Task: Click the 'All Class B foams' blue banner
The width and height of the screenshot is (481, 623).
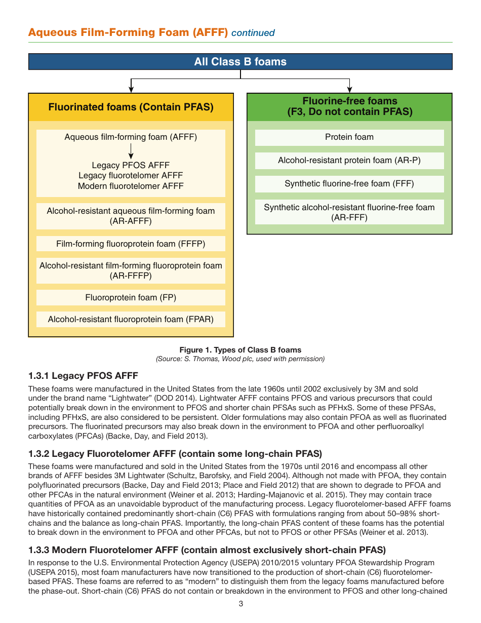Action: [240, 62]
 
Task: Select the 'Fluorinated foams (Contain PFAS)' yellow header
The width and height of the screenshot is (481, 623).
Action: [131, 107]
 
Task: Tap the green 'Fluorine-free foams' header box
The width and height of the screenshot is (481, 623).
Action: [349, 107]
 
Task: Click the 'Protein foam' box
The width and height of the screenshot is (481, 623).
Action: [349, 137]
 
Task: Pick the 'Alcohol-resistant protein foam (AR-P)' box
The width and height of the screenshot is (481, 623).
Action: [349, 161]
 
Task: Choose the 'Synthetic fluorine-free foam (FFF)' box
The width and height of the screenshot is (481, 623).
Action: [349, 184]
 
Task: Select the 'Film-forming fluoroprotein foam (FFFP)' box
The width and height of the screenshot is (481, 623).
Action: [131, 244]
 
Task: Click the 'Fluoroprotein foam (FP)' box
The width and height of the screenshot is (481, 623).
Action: [131, 297]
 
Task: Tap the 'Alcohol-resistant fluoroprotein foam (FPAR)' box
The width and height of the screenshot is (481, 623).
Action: [131, 319]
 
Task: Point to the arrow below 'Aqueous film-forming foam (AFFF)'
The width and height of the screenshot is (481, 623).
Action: [131, 151]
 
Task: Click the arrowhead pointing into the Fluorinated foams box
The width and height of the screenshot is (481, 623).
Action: [131, 90]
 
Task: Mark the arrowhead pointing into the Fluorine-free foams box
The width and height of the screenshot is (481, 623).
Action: [349, 90]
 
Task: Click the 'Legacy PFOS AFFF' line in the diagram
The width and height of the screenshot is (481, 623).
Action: [131, 165]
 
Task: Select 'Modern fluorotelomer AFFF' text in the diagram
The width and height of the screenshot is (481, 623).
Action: [131, 186]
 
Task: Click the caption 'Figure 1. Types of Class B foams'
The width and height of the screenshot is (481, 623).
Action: [240, 350]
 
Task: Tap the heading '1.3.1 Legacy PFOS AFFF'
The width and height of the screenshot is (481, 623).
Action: [83, 376]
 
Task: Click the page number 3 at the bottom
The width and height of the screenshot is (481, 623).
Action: [241, 604]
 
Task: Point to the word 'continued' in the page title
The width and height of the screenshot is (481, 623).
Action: [253, 33]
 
